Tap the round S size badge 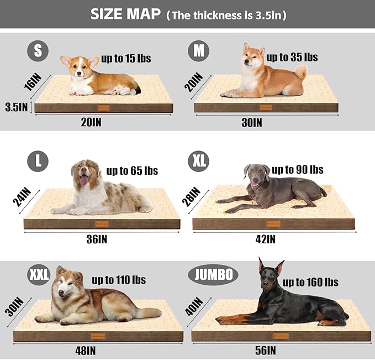point(38,51)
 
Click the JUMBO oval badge point(213,274)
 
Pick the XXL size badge point(39,274)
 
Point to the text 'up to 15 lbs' point(126,58)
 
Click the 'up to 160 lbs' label point(310,282)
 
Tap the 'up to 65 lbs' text point(132,171)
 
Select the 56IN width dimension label point(266,349)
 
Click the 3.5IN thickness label point(16,106)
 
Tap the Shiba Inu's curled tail point(300,71)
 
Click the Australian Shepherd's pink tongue point(83,180)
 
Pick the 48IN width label point(86,350)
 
